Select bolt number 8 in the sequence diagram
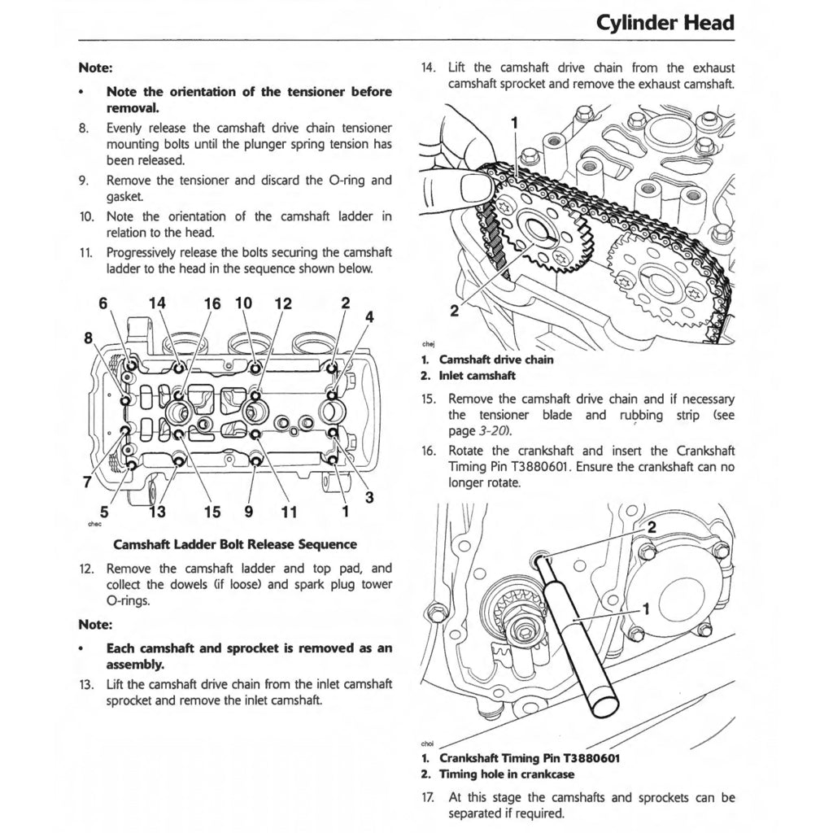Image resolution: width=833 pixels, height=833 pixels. click(x=124, y=400)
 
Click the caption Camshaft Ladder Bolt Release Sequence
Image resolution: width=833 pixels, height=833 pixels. click(x=234, y=544)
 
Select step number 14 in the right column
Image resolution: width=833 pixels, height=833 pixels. click(x=429, y=68)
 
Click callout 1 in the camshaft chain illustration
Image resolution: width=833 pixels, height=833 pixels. click(x=513, y=123)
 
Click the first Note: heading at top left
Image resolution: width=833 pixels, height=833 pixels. click(x=95, y=68)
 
